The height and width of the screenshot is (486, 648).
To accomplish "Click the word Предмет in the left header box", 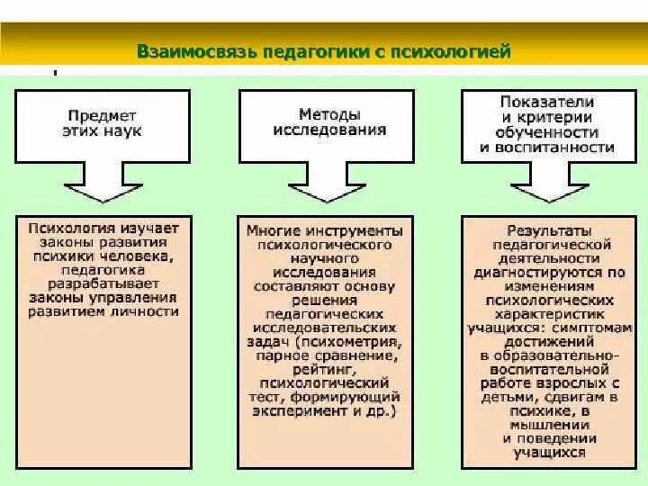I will pyautogui.click(x=102, y=115).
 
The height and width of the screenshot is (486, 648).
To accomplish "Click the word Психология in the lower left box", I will pyautogui.click(x=66, y=229).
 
